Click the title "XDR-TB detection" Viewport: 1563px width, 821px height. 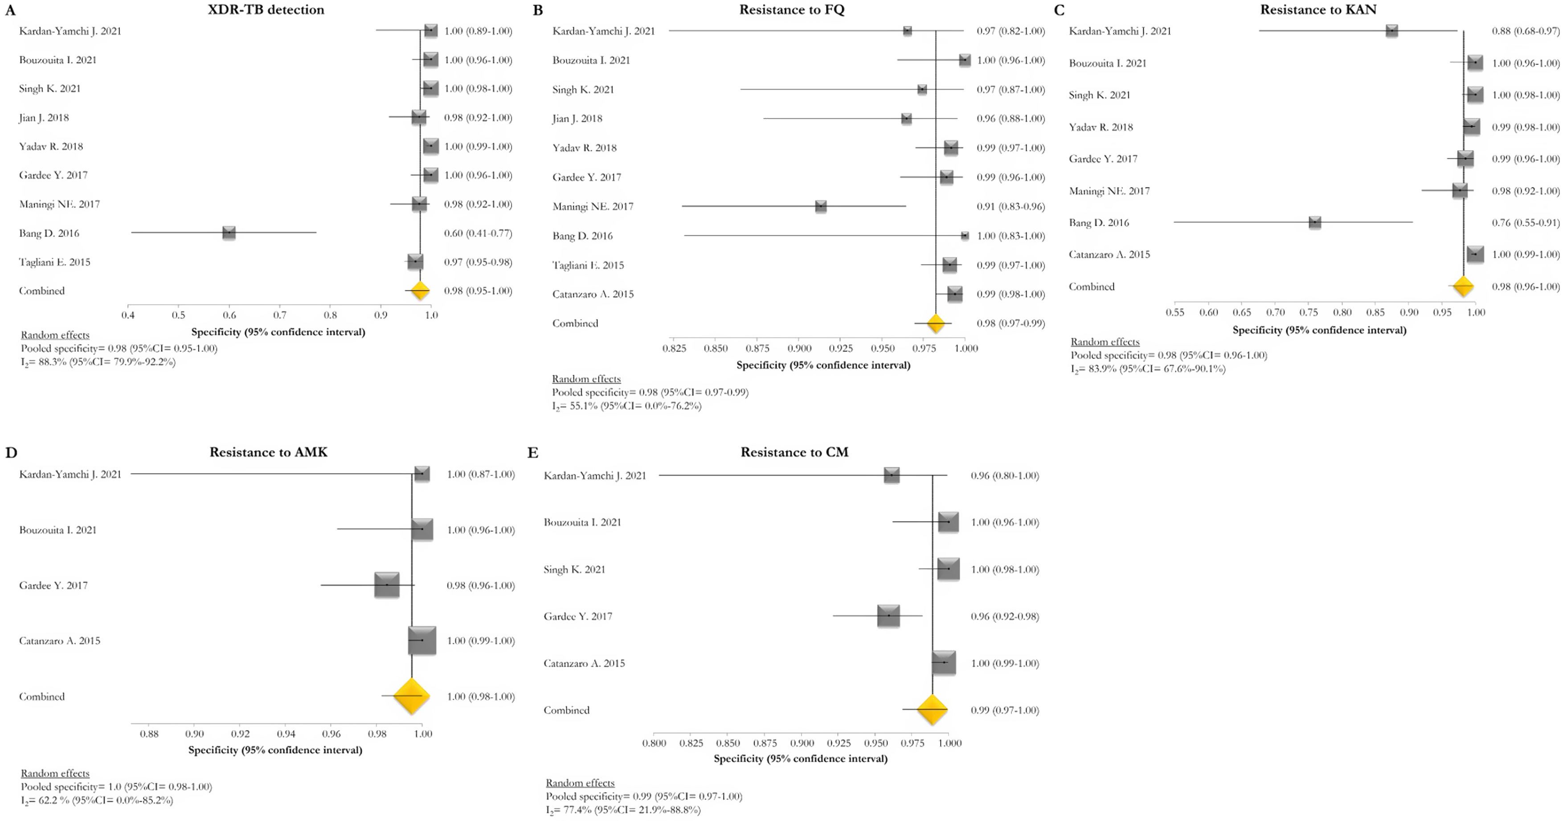pos(266,10)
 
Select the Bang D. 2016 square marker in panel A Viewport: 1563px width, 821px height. pos(229,233)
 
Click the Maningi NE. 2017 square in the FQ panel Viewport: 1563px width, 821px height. pos(820,206)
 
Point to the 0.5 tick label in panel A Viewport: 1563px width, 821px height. pos(178,315)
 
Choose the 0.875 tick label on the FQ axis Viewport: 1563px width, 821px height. pos(757,348)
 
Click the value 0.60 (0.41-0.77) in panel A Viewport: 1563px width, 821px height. pos(478,233)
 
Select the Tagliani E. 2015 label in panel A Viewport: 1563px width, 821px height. pos(55,262)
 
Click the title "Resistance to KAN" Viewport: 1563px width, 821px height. pos(1318,10)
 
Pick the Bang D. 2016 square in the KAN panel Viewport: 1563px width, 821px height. pos(1314,222)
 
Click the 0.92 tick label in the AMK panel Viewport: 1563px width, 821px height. pos(240,734)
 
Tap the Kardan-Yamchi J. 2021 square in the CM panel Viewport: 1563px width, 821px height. pos(891,475)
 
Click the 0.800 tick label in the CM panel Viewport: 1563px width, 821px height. pos(654,743)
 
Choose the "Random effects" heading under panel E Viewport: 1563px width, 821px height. pos(580,783)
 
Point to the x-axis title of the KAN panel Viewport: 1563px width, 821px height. pos(1319,330)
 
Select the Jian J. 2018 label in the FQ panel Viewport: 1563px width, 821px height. pos(577,118)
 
